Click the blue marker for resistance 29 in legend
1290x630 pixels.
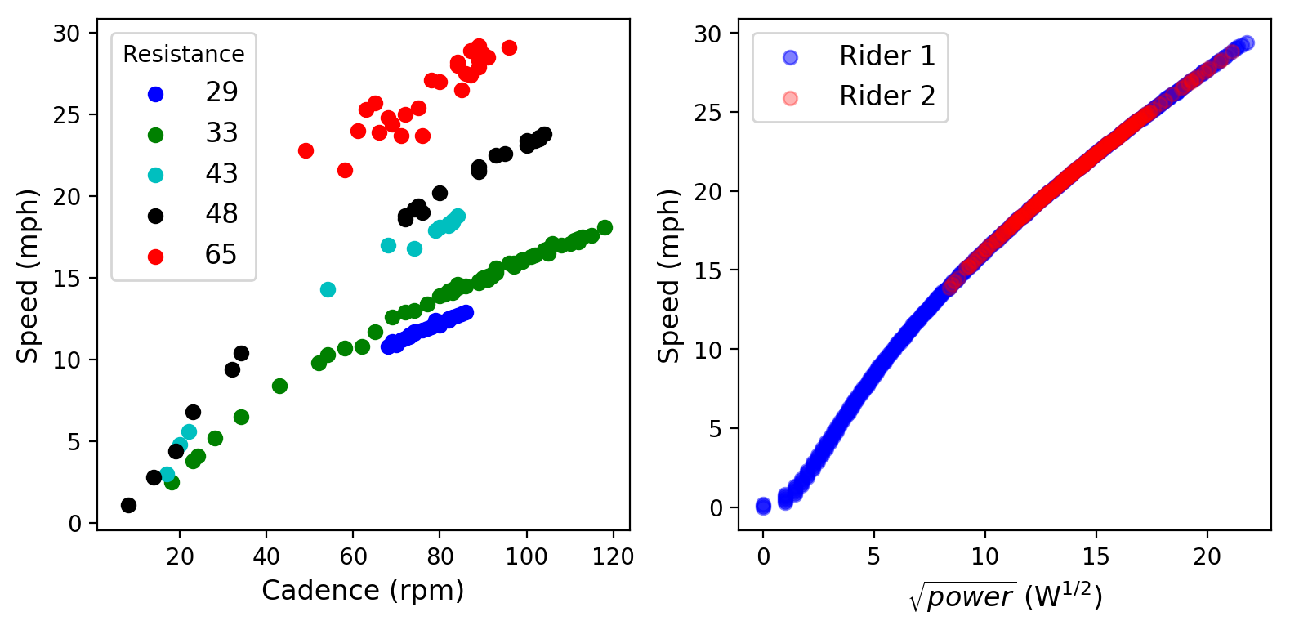tap(155, 94)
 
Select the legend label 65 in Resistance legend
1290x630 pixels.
tap(221, 255)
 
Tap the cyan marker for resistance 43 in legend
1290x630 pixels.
tap(155, 175)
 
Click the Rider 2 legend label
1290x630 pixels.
tap(886, 96)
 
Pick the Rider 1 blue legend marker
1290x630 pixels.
tap(790, 57)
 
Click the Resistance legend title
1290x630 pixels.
tap(184, 55)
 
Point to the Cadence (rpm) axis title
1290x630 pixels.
tap(363, 590)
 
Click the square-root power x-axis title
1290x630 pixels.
tap(1005, 596)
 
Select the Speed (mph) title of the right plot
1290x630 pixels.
tap(669, 275)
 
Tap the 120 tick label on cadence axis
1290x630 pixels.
tap(613, 557)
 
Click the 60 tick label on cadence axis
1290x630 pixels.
tap(353, 557)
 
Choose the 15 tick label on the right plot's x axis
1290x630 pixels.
tap(1096, 557)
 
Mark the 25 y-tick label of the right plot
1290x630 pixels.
tap(708, 112)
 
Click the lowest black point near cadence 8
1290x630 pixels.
tap(128, 505)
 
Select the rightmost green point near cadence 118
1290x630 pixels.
tap(605, 227)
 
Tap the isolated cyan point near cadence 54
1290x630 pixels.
tap(328, 289)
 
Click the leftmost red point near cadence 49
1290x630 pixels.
tap(306, 150)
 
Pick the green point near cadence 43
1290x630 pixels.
tap(279, 386)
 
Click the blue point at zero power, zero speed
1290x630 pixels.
tap(763, 507)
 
